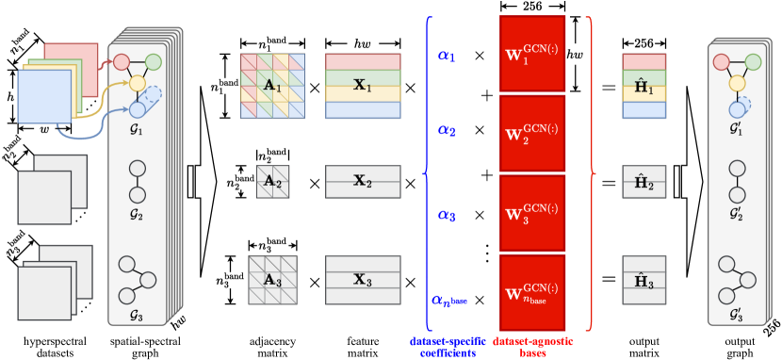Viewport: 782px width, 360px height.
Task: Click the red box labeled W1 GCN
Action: click(x=532, y=54)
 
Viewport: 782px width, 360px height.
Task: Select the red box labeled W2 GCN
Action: click(x=532, y=133)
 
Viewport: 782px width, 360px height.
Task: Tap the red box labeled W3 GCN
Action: click(x=532, y=213)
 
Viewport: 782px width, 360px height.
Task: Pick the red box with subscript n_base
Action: click(x=532, y=292)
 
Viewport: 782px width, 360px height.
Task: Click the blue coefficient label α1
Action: click(x=447, y=57)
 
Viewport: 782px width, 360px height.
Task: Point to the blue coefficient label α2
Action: click(x=447, y=131)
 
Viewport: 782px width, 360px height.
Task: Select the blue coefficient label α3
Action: click(x=447, y=216)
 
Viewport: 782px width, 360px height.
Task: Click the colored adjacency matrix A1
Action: click(x=272, y=86)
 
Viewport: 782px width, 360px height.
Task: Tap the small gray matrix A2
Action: click(x=272, y=181)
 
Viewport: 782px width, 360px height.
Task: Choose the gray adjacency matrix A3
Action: click(x=272, y=280)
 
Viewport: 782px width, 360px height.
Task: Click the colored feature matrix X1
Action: click(x=363, y=86)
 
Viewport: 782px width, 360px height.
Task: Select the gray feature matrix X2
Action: click(x=363, y=181)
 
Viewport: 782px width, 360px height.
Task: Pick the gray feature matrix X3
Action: click(x=363, y=280)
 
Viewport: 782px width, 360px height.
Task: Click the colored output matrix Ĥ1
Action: click(x=644, y=86)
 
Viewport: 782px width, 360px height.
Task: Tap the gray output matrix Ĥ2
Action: click(x=644, y=181)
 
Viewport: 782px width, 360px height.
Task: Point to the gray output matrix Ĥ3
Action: click(x=644, y=280)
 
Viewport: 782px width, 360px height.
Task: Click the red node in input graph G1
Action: click(x=122, y=62)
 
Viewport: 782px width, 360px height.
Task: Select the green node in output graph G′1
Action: click(x=753, y=62)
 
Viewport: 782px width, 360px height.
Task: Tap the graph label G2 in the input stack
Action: click(x=137, y=215)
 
